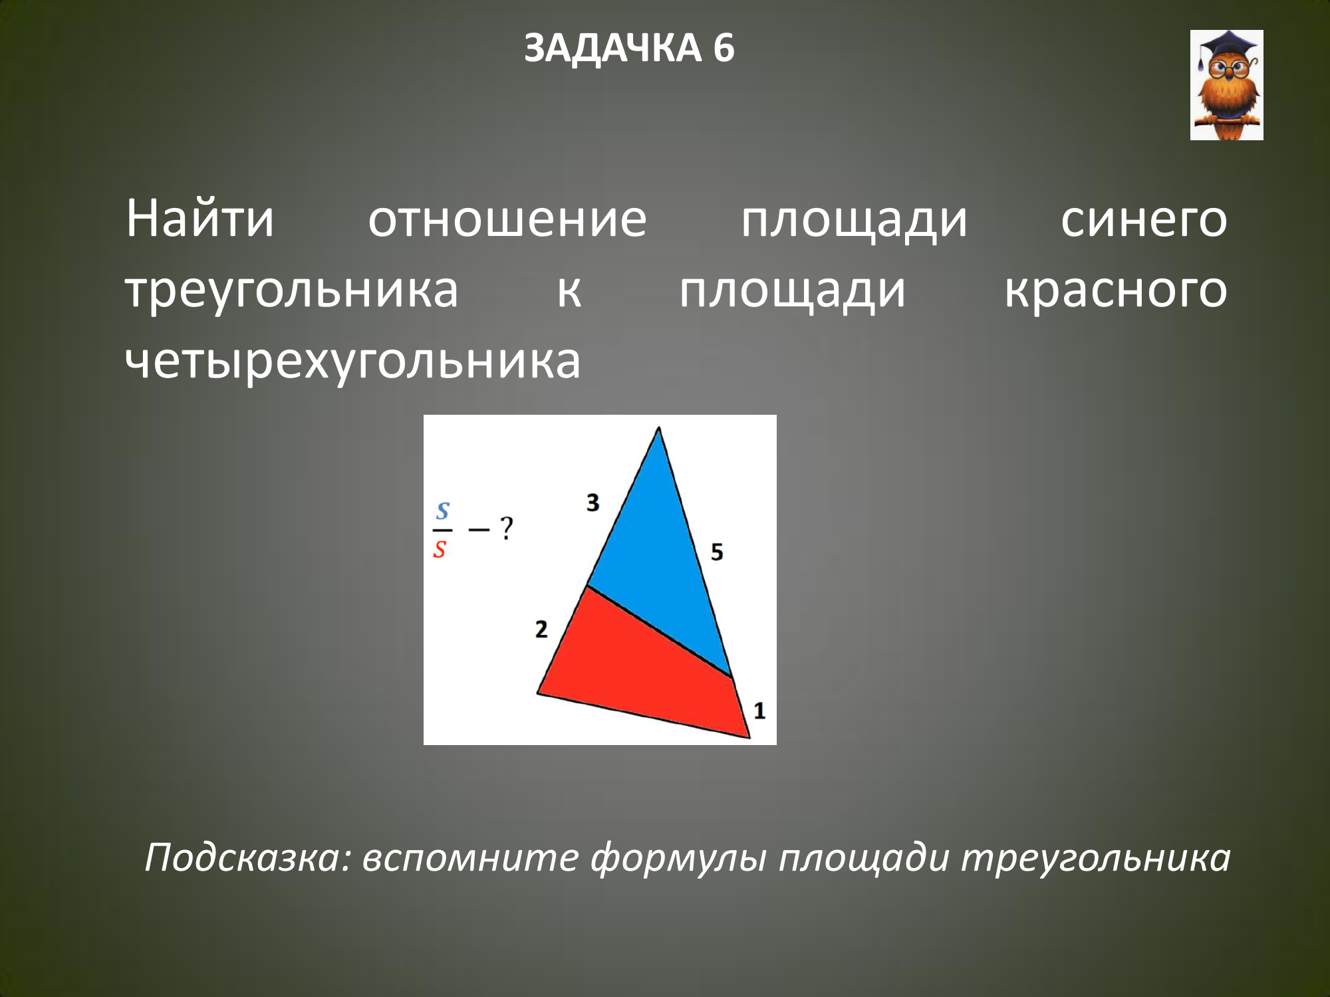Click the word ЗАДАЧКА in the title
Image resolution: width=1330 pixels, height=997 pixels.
pyautogui.click(x=612, y=49)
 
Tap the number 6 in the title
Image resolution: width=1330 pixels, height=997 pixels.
pyautogui.click(x=724, y=49)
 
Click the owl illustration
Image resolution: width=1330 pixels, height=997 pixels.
pyautogui.click(x=1226, y=85)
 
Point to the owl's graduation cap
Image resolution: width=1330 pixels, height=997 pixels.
pyautogui.click(x=1228, y=47)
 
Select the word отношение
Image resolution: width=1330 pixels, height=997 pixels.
pyautogui.click(x=507, y=219)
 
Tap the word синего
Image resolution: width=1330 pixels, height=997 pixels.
pyautogui.click(x=1144, y=219)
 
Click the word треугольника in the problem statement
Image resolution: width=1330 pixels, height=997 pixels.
pyautogui.click(x=292, y=291)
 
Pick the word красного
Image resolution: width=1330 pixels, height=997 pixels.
pyautogui.click(x=1116, y=291)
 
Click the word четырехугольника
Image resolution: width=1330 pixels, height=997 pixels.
pyautogui.click(x=353, y=362)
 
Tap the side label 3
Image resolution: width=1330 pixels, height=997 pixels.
pyautogui.click(x=593, y=502)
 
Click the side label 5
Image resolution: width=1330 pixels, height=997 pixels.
pyautogui.click(x=716, y=552)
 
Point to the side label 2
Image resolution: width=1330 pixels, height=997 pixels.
pyautogui.click(x=541, y=629)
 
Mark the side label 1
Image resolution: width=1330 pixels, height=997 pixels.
pyautogui.click(x=759, y=711)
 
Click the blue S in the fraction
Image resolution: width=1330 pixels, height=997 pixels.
pyautogui.click(x=443, y=511)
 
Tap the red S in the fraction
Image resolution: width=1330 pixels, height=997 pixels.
pyautogui.click(x=440, y=549)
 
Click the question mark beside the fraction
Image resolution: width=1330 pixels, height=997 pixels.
pyautogui.click(x=507, y=528)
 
